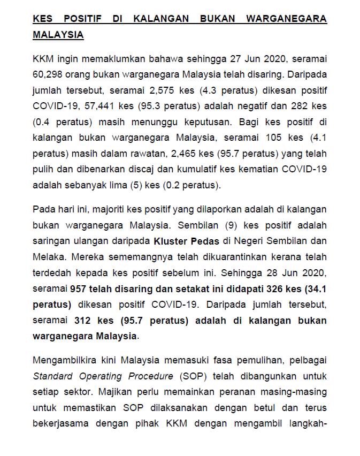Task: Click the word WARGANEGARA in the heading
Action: tap(286, 19)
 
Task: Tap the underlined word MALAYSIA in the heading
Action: tap(58, 35)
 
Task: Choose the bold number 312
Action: tap(86, 321)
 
